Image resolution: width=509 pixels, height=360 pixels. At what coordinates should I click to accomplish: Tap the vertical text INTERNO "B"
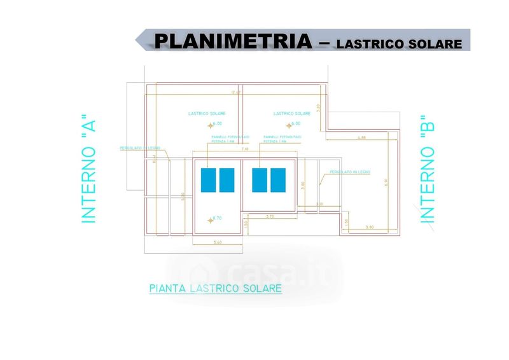pos(427,169)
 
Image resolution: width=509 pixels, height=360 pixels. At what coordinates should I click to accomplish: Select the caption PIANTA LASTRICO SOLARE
pos(215,288)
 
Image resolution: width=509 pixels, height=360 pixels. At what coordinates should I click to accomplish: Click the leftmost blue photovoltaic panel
pos(208,180)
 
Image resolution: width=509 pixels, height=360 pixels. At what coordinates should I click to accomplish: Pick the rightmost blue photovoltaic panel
pos(277,180)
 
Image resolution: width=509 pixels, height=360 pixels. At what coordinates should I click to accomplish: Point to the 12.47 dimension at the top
pos(237,93)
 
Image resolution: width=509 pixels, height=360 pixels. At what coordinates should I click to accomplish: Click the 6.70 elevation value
pos(217,218)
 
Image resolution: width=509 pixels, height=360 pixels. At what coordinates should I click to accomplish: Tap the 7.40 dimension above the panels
pos(244,149)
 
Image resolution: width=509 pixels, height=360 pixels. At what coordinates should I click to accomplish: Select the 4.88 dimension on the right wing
pos(362,137)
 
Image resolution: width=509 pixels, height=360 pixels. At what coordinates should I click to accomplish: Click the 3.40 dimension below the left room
pos(218,242)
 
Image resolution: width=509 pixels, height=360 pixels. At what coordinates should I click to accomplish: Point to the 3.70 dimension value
pos(269,218)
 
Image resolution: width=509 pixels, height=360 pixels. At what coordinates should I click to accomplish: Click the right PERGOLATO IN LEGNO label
pos(350,172)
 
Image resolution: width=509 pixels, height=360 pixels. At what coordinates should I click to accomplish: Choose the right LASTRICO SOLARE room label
pos(292,113)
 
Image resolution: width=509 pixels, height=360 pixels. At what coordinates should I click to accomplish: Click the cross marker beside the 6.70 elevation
pos(210,220)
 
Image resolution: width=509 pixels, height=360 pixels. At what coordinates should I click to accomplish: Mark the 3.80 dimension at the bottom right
pos(370,227)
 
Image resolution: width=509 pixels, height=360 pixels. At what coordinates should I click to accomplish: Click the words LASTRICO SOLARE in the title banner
pos(399,45)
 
